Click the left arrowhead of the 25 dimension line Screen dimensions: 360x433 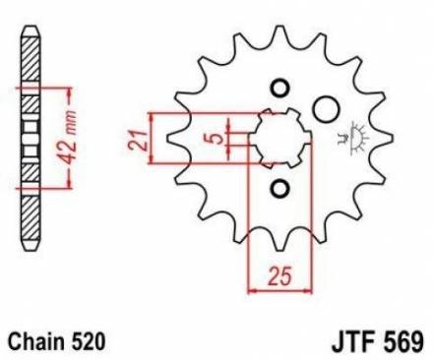point(250,289)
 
